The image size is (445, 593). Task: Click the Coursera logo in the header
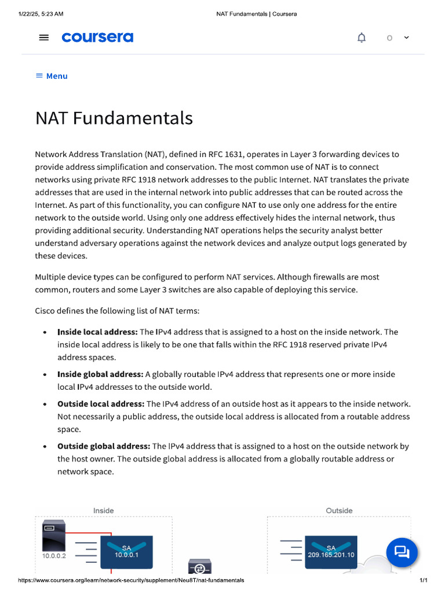coord(97,38)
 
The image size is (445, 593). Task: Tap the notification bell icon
coord(362,38)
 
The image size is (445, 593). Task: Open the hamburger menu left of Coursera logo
coord(44,38)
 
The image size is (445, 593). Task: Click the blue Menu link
coord(52,76)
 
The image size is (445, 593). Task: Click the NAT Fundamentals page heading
coord(114,118)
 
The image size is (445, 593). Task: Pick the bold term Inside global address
coord(100,374)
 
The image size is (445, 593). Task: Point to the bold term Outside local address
coord(101,404)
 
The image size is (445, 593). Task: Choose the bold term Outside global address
coord(104,446)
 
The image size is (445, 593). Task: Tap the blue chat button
coord(402,551)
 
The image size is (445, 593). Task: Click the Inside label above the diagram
coord(104,511)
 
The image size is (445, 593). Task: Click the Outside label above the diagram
coord(339,511)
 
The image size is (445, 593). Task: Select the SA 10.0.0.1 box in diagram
coord(126,551)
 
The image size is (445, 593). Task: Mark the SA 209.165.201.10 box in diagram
coord(331,551)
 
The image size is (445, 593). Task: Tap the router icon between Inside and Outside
coord(200,568)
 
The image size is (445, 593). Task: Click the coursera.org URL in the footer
coord(131,580)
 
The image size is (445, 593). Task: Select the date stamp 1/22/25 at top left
coord(41,13)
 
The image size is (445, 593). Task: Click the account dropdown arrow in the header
coord(406,37)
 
